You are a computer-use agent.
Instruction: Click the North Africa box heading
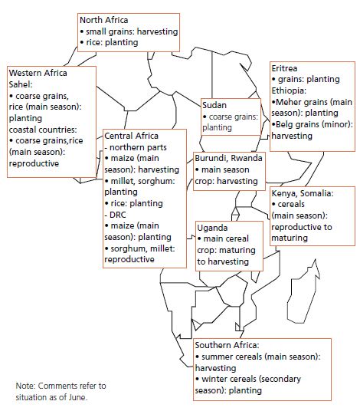[x=103, y=20]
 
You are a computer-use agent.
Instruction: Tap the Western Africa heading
[x=38, y=73]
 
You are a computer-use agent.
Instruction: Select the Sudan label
[x=214, y=105]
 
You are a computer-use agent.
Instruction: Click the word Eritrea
[x=284, y=68]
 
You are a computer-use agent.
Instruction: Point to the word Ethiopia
[x=289, y=90]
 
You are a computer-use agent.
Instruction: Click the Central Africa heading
[x=131, y=136]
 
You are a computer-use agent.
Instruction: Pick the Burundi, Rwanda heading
[x=228, y=158]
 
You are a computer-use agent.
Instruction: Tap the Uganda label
[x=212, y=228]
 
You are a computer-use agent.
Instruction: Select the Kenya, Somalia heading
[x=303, y=193]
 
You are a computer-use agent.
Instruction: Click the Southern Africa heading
[x=227, y=345]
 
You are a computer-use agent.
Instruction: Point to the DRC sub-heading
[x=115, y=215]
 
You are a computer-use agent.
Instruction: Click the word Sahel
[x=21, y=84]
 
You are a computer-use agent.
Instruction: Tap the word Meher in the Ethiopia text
[x=288, y=102]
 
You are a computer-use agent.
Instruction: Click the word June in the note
[x=78, y=397]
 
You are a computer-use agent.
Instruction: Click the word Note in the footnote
[x=25, y=386]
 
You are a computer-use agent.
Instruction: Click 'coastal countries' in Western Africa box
[x=43, y=130]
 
